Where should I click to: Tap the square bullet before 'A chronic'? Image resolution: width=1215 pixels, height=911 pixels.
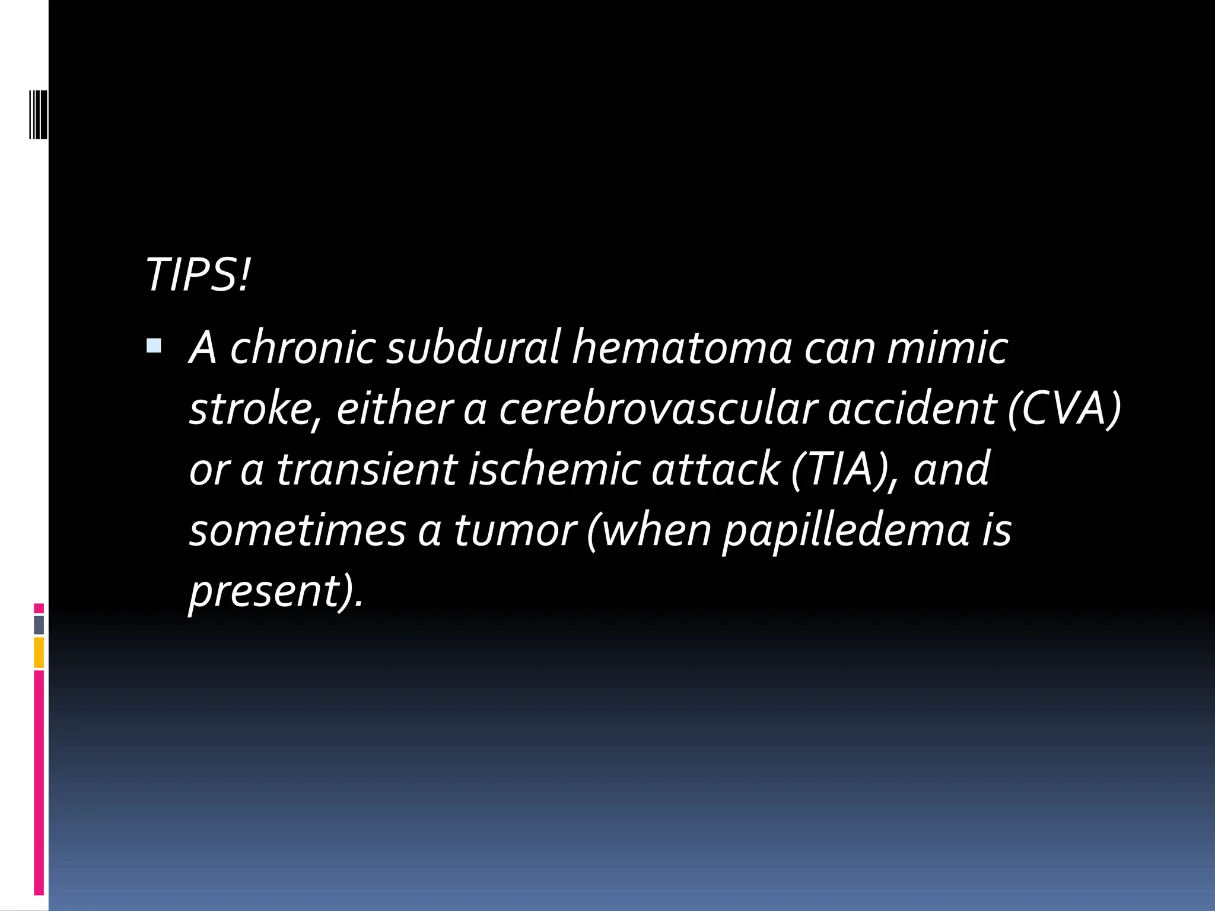click(154, 345)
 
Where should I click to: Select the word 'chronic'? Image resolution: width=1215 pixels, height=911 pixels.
click(303, 348)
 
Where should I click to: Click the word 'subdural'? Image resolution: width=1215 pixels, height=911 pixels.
click(473, 348)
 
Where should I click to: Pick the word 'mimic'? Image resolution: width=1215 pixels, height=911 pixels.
click(947, 348)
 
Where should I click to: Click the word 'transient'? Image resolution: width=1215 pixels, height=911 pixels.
click(367, 469)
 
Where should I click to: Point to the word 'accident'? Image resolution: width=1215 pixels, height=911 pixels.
click(912, 409)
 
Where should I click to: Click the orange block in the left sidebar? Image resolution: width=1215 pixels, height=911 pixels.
click(39, 652)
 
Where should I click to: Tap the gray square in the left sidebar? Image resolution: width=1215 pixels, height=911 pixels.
click(39, 625)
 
